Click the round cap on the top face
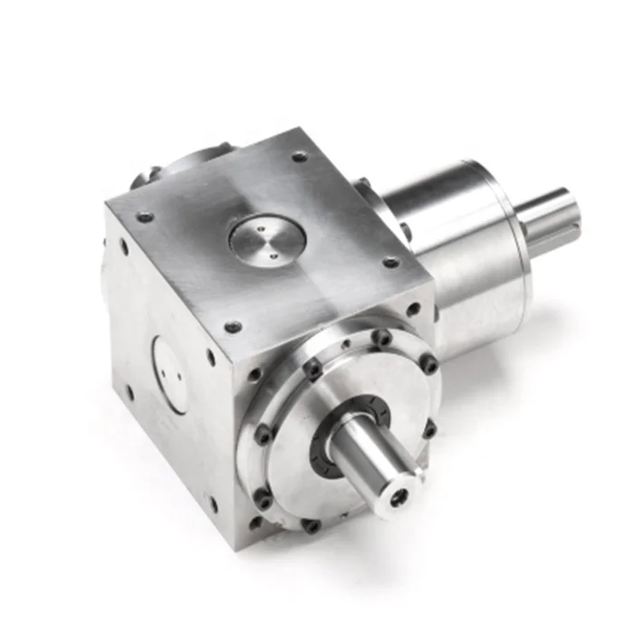[266, 237]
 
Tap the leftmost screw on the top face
[144, 217]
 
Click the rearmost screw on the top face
[299, 157]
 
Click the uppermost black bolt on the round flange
[383, 338]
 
